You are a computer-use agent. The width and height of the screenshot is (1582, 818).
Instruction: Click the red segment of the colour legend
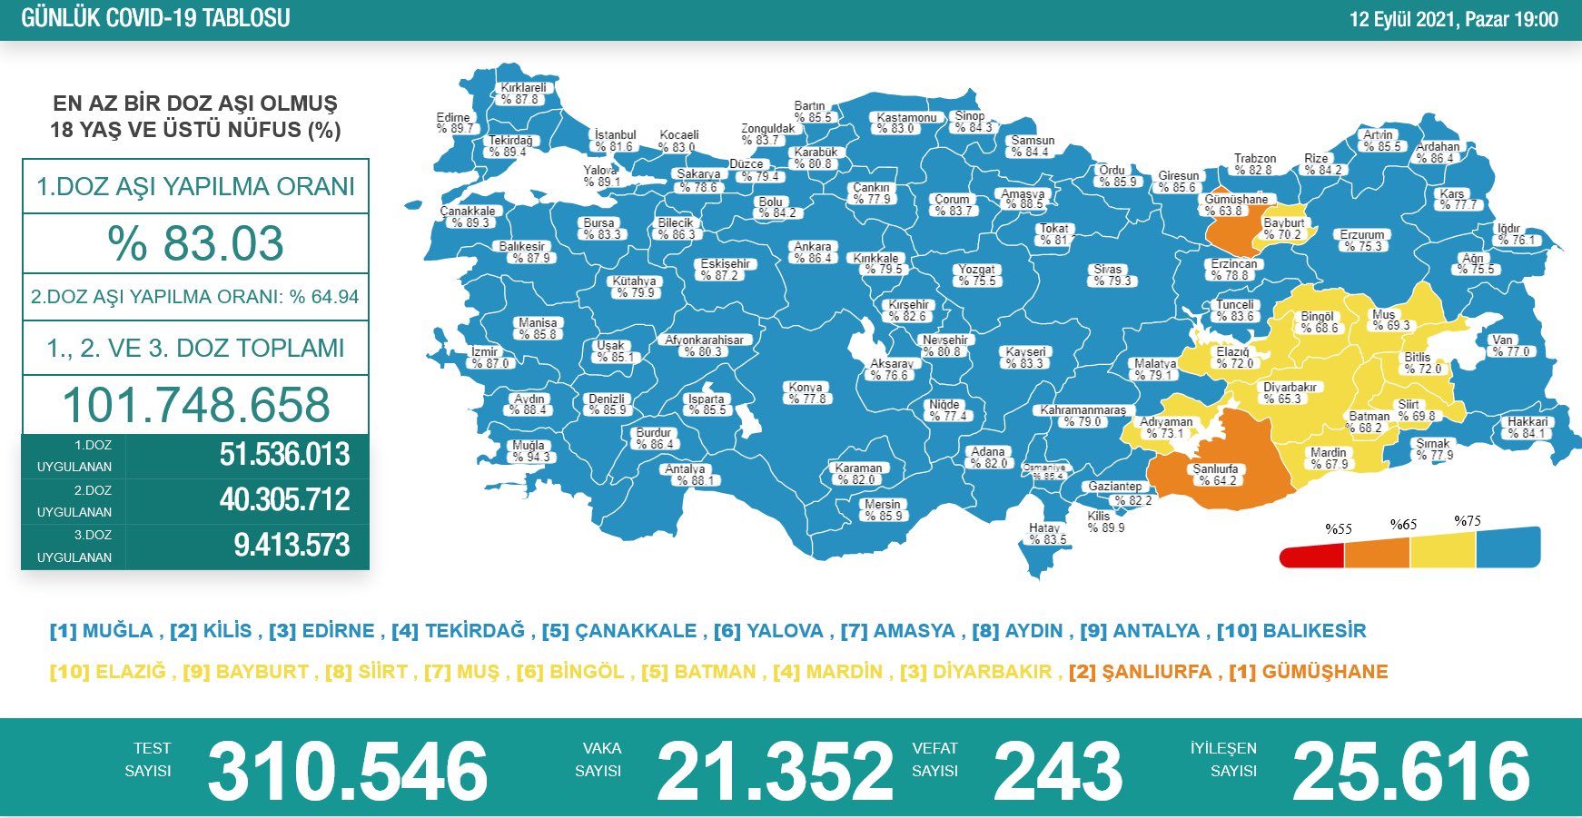point(1311,555)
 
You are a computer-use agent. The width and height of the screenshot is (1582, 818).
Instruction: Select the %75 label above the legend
point(1467,521)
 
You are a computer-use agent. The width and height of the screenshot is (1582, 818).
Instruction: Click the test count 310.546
point(347,771)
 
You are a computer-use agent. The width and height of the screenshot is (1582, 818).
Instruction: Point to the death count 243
point(1058,771)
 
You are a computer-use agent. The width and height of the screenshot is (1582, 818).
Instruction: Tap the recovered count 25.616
point(1411,771)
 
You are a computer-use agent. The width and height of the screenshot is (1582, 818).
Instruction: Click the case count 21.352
point(775,771)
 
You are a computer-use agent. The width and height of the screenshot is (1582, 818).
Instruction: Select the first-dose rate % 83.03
point(195,243)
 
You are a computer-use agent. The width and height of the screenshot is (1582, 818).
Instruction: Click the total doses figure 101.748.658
point(195,405)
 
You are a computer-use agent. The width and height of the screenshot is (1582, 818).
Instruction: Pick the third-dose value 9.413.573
point(292,546)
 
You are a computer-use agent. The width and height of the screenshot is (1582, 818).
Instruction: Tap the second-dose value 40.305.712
point(284,500)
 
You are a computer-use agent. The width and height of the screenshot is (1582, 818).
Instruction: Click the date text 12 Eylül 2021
point(1402,19)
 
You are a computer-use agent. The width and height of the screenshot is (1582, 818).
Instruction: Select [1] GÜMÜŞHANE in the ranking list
point(1308,672)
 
